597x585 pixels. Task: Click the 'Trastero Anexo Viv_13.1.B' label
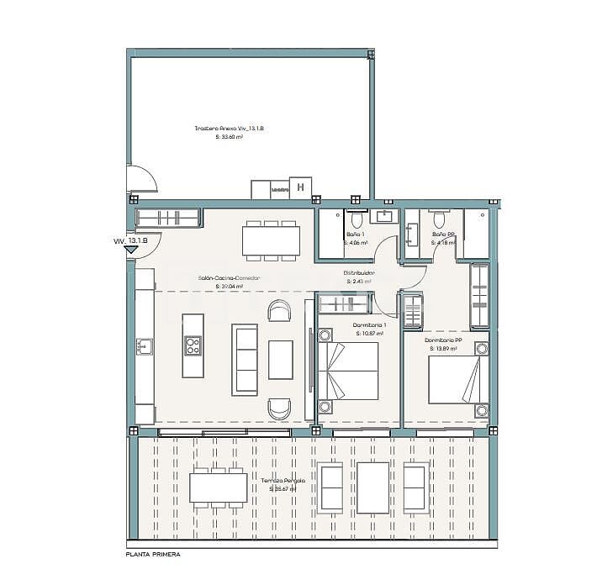[230, 129]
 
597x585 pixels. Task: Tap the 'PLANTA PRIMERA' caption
[152, 555]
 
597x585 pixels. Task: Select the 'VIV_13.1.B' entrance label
[130, 241]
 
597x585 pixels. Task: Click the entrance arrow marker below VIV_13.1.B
[131, 250]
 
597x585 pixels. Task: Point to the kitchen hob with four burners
[193, 345]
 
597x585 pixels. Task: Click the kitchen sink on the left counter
[145, 345]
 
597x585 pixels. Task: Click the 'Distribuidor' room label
[359, 273]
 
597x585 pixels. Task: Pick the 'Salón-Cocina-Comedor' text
[230, 277]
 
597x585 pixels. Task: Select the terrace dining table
[218, 487]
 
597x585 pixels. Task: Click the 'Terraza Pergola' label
[286, 480]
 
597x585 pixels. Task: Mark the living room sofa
[245, 360]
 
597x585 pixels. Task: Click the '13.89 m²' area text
[443, 348]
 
